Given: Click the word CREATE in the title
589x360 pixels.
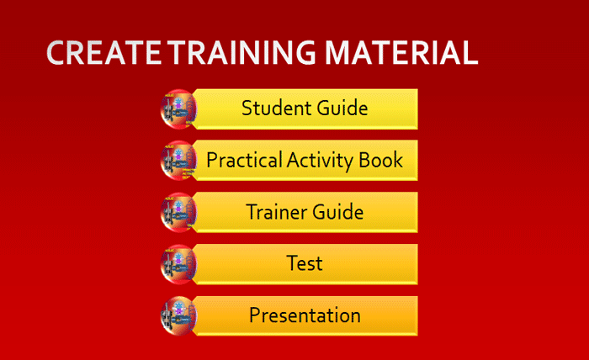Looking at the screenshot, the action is pos(104,52).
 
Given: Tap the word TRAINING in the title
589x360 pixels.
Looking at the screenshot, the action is pos(241,52).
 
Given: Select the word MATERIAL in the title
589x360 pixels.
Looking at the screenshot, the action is pos(401,52).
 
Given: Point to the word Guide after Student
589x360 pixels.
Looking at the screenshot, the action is pos(342,109).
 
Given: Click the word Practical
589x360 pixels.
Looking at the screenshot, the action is pos(244,161).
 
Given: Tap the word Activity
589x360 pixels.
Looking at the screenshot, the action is pos(321,161).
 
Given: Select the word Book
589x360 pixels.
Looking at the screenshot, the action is pos(381,161).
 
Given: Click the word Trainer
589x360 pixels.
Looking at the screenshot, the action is pos(276,212).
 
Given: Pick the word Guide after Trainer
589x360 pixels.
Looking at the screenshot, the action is pos(337,212).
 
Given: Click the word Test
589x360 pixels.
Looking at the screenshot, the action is pos(305,263).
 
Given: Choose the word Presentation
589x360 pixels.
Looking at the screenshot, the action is pos(305,315).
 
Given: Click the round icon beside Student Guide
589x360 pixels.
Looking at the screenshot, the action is pos(178,109).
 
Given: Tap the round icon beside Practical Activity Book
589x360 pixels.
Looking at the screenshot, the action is pos(178,161).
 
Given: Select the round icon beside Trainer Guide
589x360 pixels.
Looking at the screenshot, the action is pos(178,213).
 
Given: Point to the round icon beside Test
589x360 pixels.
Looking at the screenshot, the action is pos(178,264).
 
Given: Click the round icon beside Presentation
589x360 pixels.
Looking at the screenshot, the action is pos(178,316).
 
